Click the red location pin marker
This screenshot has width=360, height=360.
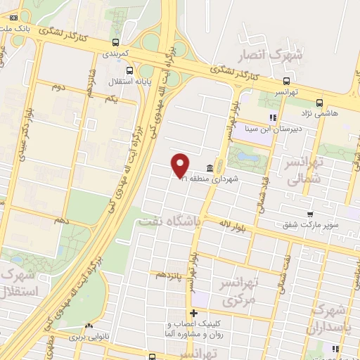181,165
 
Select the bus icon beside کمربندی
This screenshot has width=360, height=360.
116,41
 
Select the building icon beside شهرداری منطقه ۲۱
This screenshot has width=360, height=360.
210,167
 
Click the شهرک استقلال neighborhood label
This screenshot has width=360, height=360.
15,281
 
